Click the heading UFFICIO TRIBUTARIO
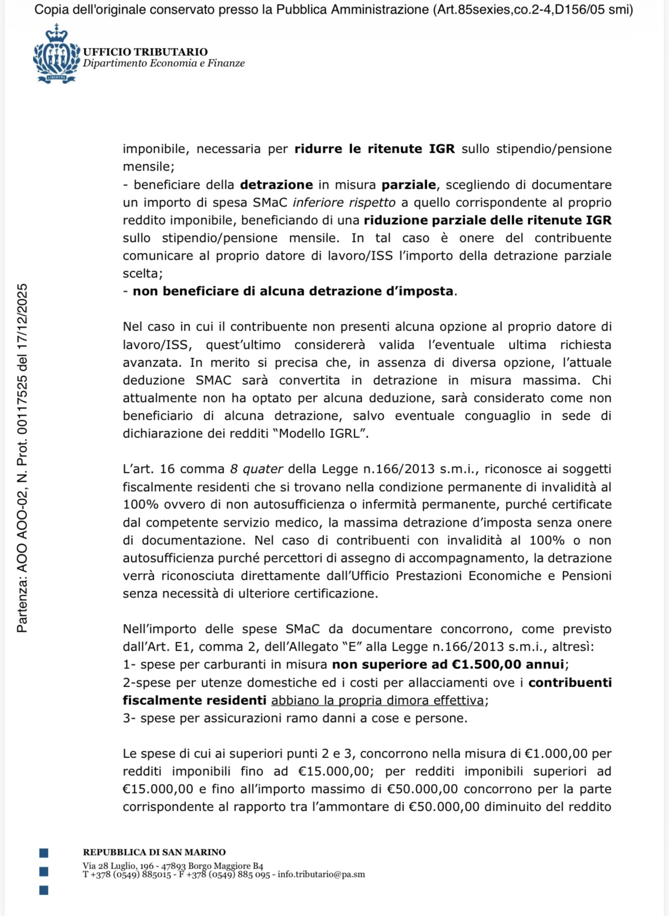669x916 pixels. [x=145, y=52]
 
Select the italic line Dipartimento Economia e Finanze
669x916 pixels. [x=164, y=63]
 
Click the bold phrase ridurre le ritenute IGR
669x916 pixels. [x=375, y=149]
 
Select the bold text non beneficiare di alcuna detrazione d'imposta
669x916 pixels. [x=293, y=291]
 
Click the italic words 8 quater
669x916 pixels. [x=256, y=469]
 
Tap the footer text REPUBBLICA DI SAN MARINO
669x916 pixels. [x=154, y=852]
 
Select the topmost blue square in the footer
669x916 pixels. [x=44, y=853]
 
